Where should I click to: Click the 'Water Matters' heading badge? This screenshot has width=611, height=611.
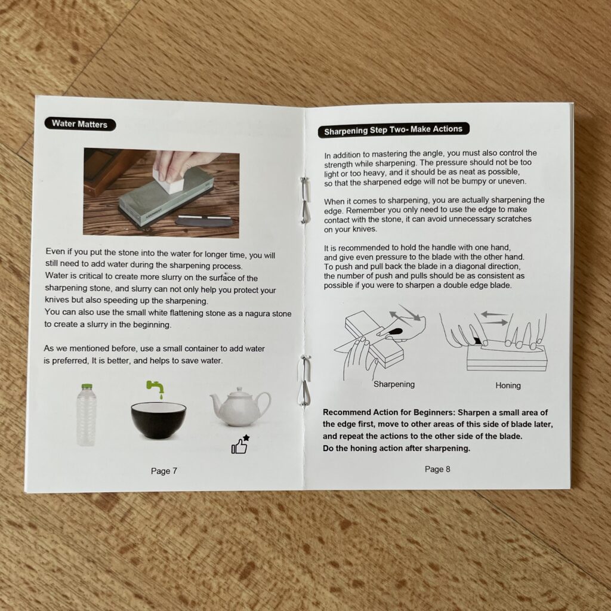click(80, 124)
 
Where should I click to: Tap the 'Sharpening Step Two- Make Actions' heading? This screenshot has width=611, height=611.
click(394, 129)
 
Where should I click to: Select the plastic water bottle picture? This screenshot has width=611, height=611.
click(86, 415)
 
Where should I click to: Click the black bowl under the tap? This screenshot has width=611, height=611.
click(158, 420)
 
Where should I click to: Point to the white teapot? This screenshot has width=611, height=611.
click(239, 407)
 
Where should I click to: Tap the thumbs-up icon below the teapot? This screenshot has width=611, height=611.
click(240, 445)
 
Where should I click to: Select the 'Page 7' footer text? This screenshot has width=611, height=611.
click(164, 471)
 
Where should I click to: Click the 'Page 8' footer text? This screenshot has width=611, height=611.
click(437, 469)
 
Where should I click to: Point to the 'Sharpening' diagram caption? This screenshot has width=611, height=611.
click(394, 384)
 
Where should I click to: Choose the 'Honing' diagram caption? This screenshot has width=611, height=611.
click(508, 385)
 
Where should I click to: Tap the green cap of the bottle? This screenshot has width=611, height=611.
click(87, 386)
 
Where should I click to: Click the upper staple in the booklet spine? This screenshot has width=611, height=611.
click(305, 200)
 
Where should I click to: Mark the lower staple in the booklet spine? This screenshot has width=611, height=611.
click(305, 381)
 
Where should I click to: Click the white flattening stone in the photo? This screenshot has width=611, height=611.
click(169, 181)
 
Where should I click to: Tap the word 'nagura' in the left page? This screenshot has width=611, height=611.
click(258, 314)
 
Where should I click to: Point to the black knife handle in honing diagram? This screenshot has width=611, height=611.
click(476, 341)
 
